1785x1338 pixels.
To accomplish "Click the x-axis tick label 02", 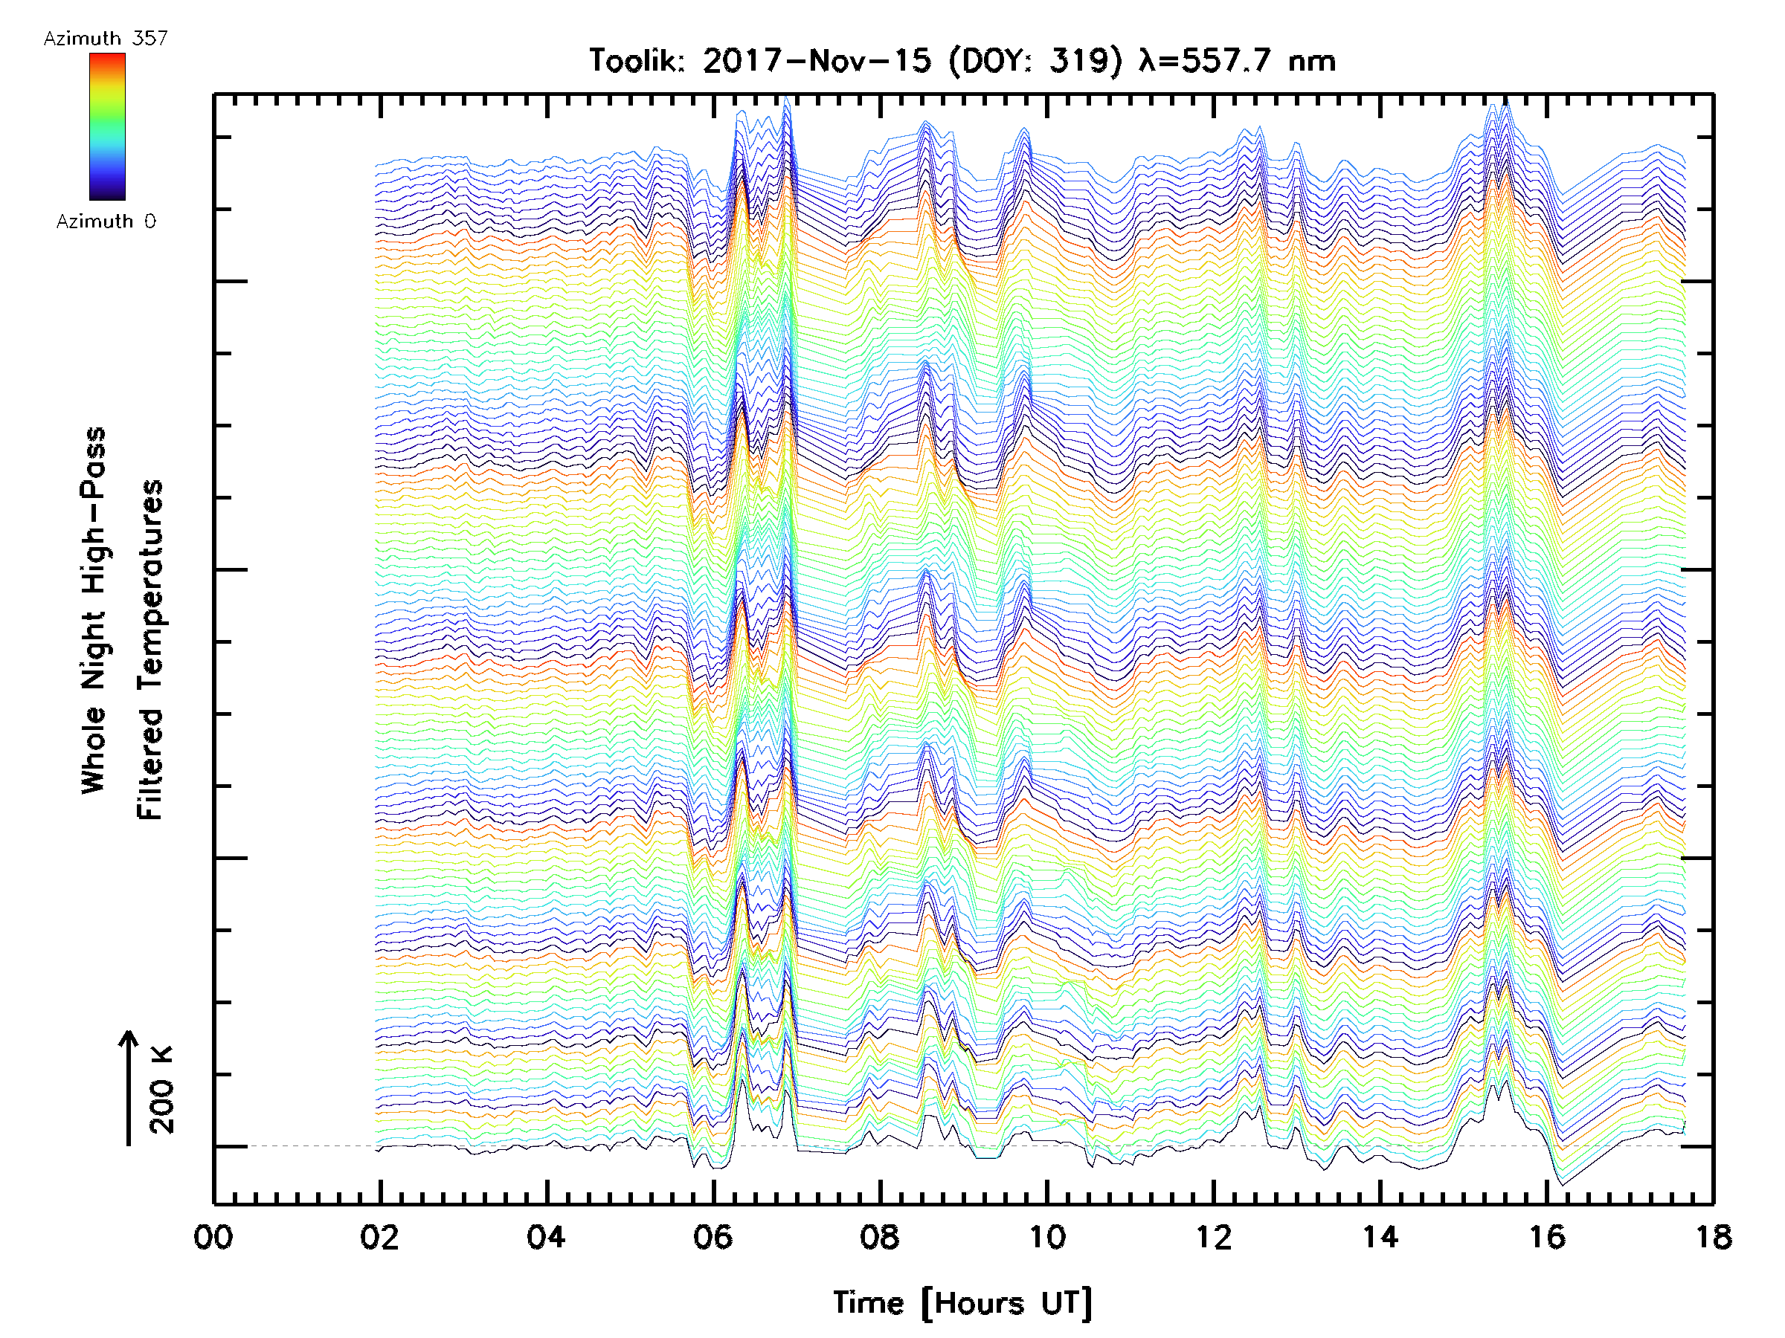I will (379, 1237).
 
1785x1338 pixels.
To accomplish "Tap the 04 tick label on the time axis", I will (547, 1237).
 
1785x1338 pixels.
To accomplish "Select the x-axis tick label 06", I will (713, 1237).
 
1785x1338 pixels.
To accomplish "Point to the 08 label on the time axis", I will (880, 1237).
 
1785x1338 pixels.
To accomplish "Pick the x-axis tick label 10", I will (1046, 1237).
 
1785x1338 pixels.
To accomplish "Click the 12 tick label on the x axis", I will (1213, 1237).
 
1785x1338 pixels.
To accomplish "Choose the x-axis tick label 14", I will (1380, 1237).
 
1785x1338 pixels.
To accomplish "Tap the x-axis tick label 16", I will (1547, 1237).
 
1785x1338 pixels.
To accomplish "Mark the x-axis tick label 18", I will (1712, 1237).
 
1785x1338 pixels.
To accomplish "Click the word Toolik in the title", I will (637, 61).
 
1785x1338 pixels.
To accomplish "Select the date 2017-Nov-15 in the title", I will (817, 61).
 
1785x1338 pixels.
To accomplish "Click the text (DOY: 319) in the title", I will (1035, 61).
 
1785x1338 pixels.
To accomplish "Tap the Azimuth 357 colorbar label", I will (106, 39).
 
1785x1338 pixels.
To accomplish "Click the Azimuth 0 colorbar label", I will (106, 222).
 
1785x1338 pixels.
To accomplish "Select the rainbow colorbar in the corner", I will (107, 126).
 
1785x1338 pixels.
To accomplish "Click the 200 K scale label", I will (162, 1090).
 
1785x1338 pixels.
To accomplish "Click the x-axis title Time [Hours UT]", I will (962, 1303).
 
